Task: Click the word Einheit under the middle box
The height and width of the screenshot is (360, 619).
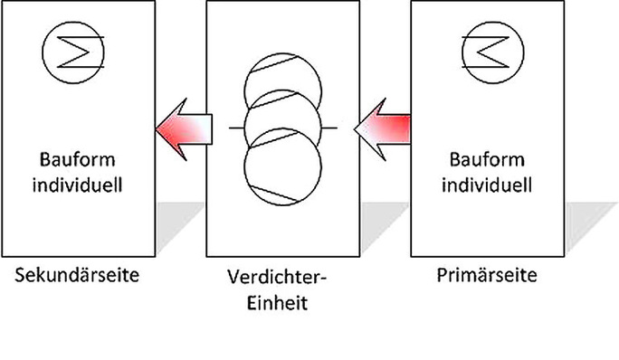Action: [282, 302]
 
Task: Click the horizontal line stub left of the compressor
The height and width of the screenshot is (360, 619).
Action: [234, 129]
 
